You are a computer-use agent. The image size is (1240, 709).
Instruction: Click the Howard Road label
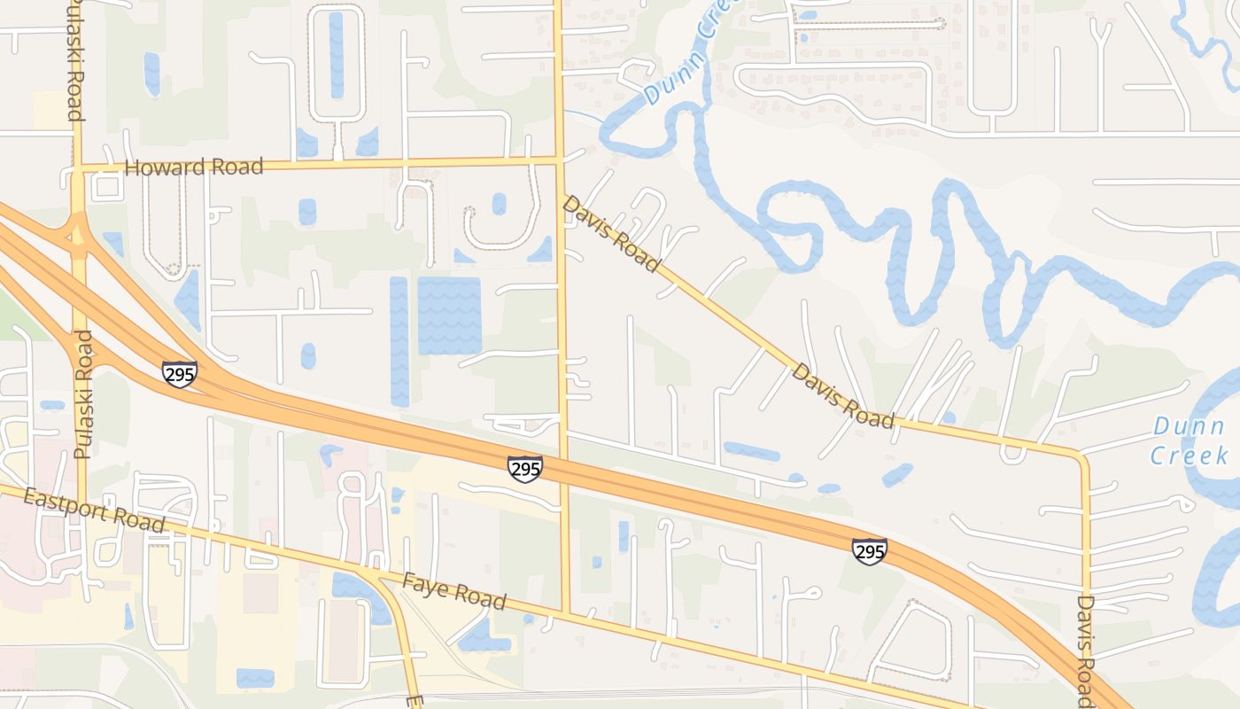pos(194,167)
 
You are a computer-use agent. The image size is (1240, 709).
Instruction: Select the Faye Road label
pos(454,592)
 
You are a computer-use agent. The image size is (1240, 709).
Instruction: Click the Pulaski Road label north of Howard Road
pos(75,60)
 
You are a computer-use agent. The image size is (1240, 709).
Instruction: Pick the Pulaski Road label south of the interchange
pos(83,394)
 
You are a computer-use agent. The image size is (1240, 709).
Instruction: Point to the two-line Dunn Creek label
pos(1190,441)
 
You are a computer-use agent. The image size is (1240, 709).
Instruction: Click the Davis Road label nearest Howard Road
pos(612,233)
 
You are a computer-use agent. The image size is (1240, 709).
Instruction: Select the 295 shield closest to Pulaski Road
pos(179,374)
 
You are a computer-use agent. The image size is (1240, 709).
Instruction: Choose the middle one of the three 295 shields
pos(525,469)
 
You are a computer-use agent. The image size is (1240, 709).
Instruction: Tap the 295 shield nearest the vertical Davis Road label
pos(870,551)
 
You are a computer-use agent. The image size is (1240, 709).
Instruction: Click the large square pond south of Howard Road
pos(449,316)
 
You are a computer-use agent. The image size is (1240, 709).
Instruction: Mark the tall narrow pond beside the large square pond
pos(399,340)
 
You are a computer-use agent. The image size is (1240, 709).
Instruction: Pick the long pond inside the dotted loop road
pos(337,55)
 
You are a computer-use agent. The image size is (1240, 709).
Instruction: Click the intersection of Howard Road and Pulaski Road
pos(78,166)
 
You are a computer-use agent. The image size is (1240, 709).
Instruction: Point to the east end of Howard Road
pos(559,160)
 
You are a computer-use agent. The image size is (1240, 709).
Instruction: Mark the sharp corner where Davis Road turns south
pos(1081,456)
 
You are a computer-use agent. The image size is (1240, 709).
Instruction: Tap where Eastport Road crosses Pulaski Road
pos(81,503)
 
